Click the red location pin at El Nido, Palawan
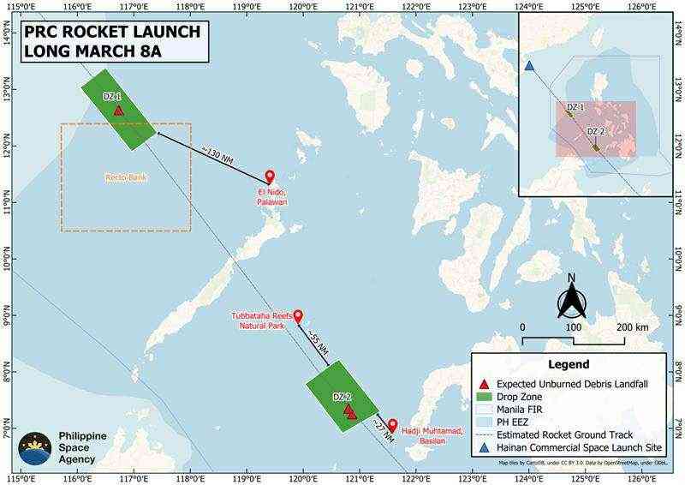click(270, 176)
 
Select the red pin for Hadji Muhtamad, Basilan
click(392, 424)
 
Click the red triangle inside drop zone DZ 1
click(118, 111)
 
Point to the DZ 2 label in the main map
click(342, 397)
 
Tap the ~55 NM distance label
click(317, 341)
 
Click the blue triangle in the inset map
click(529, 66)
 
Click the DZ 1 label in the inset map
click(575, 107)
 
